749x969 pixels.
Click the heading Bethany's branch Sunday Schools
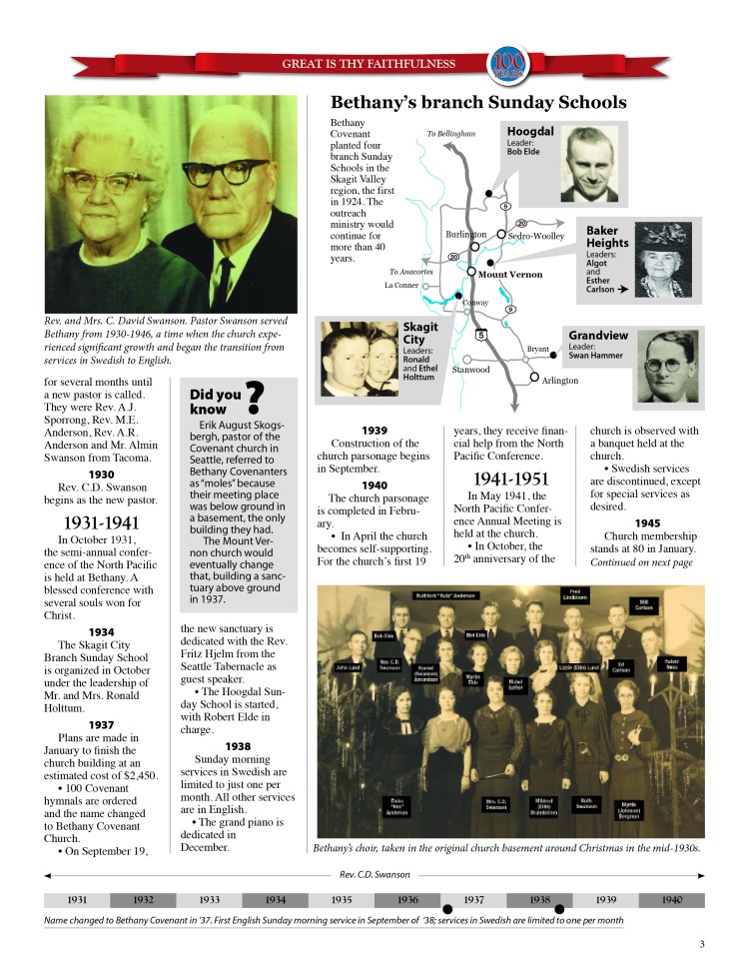[478, 103]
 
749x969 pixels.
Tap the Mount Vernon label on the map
[509, 274]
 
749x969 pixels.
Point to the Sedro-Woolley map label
[536, 236]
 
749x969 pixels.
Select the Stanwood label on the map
[470, 370]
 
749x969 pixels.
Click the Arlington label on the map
[560, 381]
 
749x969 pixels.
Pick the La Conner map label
[401, 285]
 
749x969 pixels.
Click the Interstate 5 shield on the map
[481, 335]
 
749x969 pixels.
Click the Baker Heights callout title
[607, 237]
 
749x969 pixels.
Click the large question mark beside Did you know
[254, 398]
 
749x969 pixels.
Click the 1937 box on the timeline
[474, 900]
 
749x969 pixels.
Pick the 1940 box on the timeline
[672, 900]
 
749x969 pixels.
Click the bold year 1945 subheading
[648, 522]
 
